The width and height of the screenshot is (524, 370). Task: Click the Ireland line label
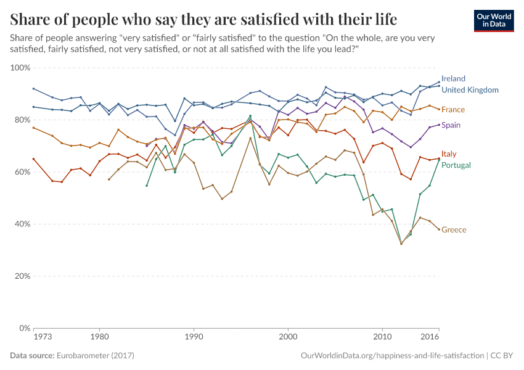pos(453,79)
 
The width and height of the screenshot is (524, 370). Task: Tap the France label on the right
pos(453,110)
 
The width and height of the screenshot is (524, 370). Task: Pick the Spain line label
pos(451,125)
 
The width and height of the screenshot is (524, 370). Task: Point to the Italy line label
pos(449,154)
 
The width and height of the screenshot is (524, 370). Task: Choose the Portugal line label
pos(456,165)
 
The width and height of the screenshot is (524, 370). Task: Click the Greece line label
pos(454,230)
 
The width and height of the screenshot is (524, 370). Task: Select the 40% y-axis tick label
pos(22,224)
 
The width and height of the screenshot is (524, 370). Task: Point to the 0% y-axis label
pos(24,328)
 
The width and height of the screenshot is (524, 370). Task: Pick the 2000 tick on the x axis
pos(288,338)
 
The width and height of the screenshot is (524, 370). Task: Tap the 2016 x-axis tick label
pos(430,338)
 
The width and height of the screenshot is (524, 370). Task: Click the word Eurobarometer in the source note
pos(84,356)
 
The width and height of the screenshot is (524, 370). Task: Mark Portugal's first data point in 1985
pos(147,186)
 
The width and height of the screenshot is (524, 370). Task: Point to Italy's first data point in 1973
pos(33,158)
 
